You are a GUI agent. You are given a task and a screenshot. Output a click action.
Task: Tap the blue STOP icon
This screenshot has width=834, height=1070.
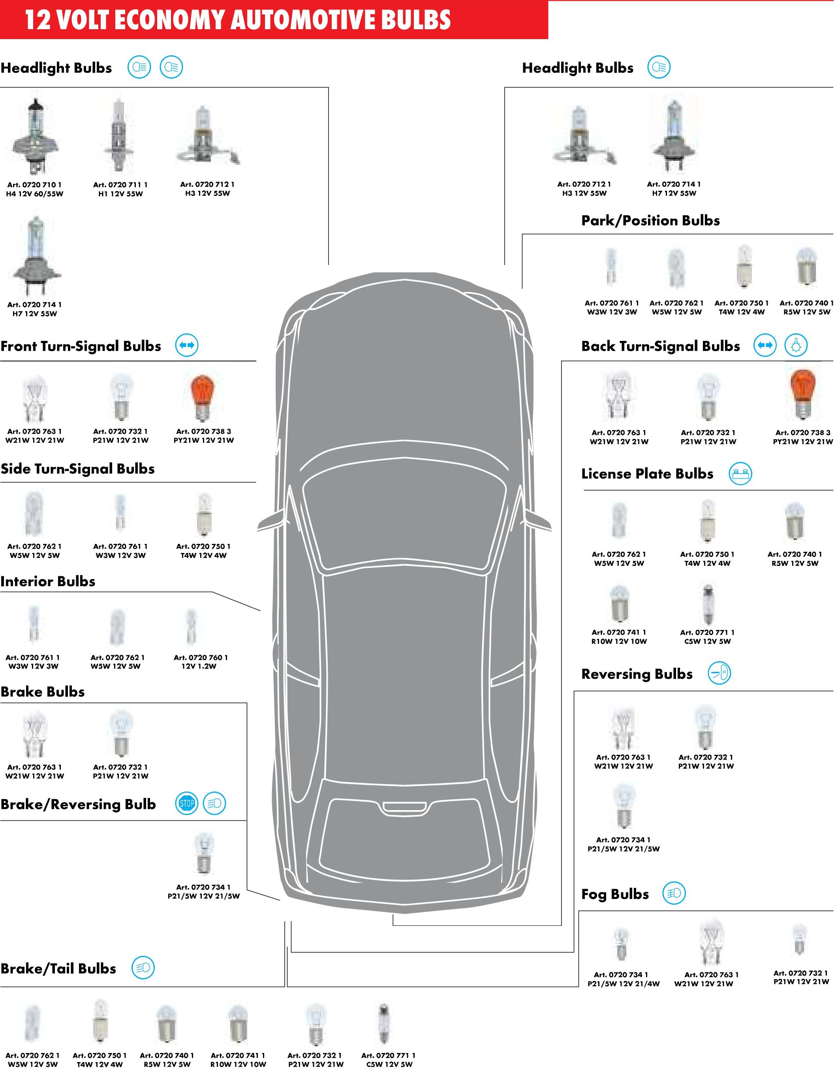pyautogui.click(x=187, y=803)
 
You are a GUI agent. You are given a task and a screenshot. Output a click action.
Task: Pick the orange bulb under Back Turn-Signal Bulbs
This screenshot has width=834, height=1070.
pyautogui.click(x=802, y=393)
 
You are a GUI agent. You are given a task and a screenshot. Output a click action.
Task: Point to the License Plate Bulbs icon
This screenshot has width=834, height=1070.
pyautogui.click(x=740, y=474)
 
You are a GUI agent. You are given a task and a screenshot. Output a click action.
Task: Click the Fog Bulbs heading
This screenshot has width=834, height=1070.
pyautogui.click(x=615, y=894)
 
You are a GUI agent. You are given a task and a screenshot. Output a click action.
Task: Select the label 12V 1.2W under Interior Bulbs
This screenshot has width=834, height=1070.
pyautogui.click(x=199, y=666)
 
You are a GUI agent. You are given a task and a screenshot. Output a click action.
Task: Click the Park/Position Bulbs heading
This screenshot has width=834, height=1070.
pyautogui.click(x=650, y=220)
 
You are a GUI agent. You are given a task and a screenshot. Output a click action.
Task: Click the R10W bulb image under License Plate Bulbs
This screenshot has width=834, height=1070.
pyautogui.click(x=619, y=604)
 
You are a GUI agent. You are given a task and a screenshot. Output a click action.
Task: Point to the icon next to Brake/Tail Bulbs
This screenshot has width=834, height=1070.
pyautogui.click(x=143, y=968)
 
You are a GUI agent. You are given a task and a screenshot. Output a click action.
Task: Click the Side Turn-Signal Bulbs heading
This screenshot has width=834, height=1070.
pyautogui.click(x=77, y=469)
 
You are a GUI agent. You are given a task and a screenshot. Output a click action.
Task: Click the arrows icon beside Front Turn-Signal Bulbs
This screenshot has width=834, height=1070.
pyautogui.click(x=187, y=345)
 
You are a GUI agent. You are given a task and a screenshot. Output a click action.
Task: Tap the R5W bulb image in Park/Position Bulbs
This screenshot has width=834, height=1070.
pyautogui.click(x=806, y=267)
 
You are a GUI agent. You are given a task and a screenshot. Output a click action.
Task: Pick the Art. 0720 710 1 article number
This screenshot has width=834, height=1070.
pyautogui.click(x=34, y=185)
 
